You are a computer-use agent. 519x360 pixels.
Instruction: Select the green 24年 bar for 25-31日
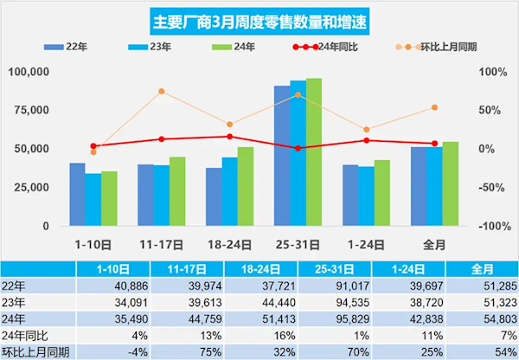click(313, 151)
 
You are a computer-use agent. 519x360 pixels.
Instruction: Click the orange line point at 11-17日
click(161, 91)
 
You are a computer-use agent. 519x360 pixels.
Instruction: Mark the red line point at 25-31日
click(298, 148)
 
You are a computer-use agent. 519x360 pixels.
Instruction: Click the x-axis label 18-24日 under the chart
click(229, 245)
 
